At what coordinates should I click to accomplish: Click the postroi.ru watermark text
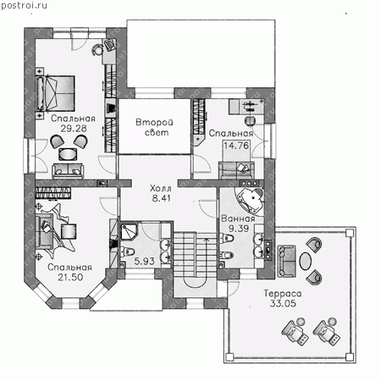[x=24, y=6]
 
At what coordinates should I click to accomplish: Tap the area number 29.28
[x=74, y=129]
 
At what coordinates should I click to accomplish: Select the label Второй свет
[x=155, y=127]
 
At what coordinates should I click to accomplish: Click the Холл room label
[x=161, y=188]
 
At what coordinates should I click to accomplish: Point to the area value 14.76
[x=236, y=146]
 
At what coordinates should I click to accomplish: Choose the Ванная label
[x=238, y=218]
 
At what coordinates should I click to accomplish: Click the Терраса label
[x=283, y=294]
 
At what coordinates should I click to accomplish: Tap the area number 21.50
[x=70, y=277]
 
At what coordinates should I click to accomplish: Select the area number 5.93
[x=144, y=261]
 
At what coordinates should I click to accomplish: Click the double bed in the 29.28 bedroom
[x=55, y=93]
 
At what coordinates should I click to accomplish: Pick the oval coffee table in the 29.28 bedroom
[x=68, y=154]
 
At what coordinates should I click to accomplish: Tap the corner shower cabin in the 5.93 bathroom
[x=129, y=231]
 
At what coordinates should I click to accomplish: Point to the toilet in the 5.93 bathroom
[x=127, y=251]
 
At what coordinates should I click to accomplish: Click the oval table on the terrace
[x=305, y=261]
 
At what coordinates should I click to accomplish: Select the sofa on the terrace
[x=286, y=261]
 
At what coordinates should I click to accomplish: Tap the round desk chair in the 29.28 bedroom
[x=97, y=50]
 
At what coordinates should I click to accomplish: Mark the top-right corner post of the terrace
[x=350, y=233]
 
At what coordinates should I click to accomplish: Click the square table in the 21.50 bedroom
[x=69, y=231]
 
